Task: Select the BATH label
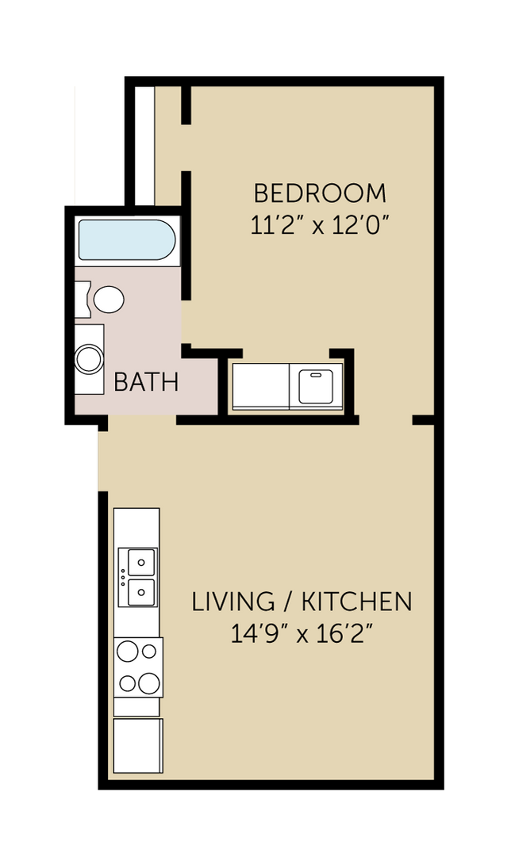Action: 146,382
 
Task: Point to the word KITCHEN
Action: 356,602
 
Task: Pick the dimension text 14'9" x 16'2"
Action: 302,634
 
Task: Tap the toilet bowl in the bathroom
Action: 109,300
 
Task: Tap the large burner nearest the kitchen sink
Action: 128,652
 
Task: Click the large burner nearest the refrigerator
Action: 147,682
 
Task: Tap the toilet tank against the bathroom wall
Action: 82,300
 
